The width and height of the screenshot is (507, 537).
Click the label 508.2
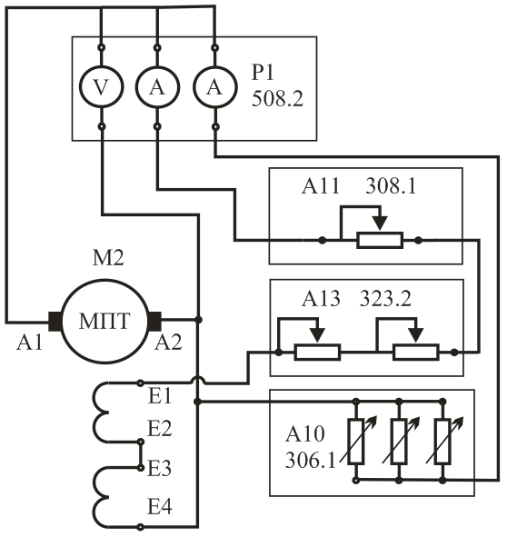pyautogui.click(x=277, y=99)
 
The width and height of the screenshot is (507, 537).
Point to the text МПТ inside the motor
pyautogui.click(x=104, y=321)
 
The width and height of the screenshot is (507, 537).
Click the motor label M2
pyautogui.click(x=108, y=258)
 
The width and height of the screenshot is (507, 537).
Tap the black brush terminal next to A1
pyautogui.click(x=55, y=322)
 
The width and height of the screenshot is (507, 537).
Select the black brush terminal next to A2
pyautogui.click(x=154, y=322)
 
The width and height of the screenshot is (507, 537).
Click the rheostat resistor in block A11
pyautogui.click(x=380, y=240)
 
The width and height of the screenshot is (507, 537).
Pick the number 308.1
pyautogui.click(x=391, y=186)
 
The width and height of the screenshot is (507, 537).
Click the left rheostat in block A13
pyautogui.click(x=317, y=352)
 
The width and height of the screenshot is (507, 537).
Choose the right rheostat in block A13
pyautogui.click(x=415, y=352)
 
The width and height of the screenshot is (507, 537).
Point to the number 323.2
pyautogui.click(x=385, y=299)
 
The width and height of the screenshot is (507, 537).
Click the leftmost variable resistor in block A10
pyautogui.click(x=356, y=442)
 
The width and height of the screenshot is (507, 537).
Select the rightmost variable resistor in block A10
pyautogui.click(x=442, y=442)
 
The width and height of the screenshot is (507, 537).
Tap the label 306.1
pyautogui.click(x=311, y=461)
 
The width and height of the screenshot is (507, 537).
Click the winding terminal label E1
pyautogui.click(x=160, y=397)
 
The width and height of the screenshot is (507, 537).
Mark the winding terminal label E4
pyautogui.click(x=160, y=506)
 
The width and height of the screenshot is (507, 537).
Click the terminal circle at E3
pyautogui.click(x=140, y=467)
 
